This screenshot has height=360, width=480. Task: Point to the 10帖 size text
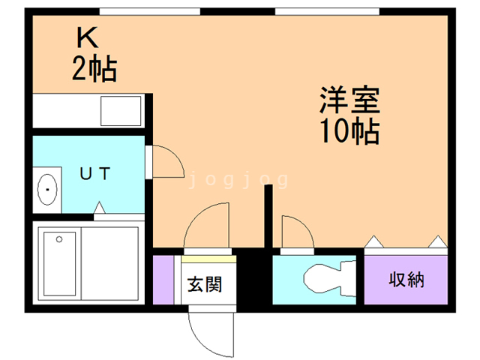tap(349, 132)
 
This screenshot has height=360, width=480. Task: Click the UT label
tap(95, 173)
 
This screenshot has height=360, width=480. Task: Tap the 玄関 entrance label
tap(204, 284)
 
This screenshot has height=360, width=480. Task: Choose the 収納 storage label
tap(406, 280)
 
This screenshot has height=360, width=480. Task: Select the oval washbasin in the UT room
tap(48, 190)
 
